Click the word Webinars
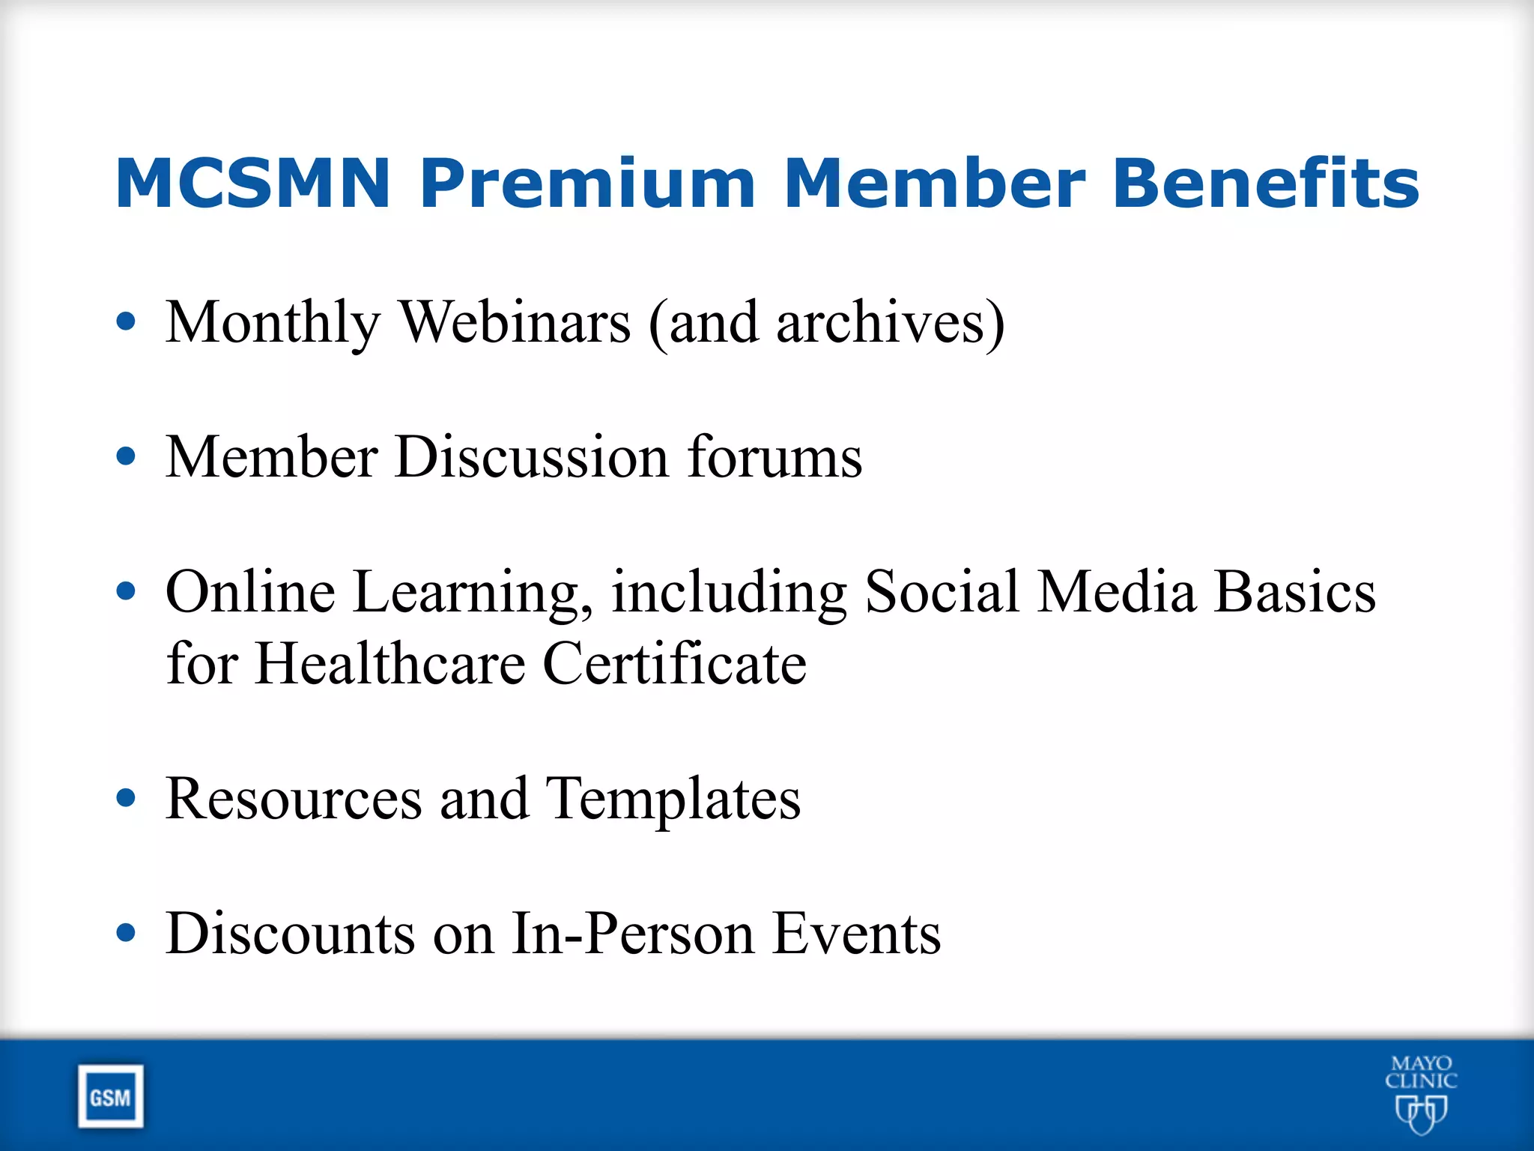(515, 322)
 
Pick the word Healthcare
(389, 664)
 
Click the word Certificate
(674, 664)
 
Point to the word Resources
(294, 799)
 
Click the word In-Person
(632, 934)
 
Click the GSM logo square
(110, 1097)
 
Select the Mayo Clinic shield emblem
(1420, 1114)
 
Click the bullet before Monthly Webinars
(127, 321)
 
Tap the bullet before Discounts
(127, 933)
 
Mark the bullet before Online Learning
(127, 591)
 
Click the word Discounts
(290, 934)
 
